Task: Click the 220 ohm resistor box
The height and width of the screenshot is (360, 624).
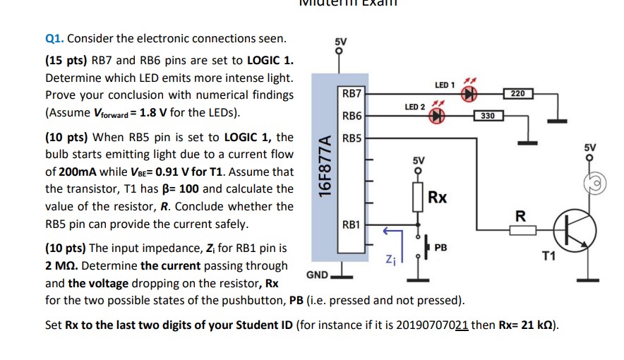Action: [x=518, y=93]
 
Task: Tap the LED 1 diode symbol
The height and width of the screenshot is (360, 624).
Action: [x=467, y=96]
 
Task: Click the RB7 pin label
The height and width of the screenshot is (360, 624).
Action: [x=352, y=94]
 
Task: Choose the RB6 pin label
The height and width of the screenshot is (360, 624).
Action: [x=352, y=116]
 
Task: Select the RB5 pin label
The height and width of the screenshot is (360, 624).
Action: [x=352, y=138]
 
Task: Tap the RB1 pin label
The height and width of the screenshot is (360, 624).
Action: [x=352, y=225]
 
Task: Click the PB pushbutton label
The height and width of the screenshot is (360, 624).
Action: [x=441, y=248]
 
